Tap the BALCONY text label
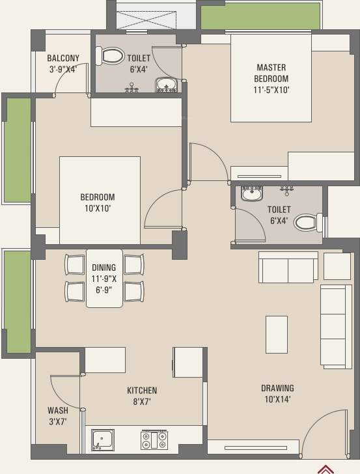pos(63,58)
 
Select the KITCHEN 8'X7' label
pos(142,396)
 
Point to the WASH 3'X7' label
pos(58,415)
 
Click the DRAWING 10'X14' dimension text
pos(277,399)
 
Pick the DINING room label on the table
pos(104,268)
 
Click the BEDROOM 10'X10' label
pos(98,202)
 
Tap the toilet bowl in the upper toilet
pos(110,55)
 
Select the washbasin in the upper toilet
pos(166,85)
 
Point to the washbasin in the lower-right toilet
pos(252,193)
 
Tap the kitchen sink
pos(102,440)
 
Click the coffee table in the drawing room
pos(277,335)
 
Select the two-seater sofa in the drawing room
pos(288,267)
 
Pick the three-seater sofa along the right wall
pos(336,326)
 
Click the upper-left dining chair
pos(74,265)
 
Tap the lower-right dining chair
pos(134,292)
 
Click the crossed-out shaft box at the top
pos(146,20)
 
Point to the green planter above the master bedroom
pos(260,16)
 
